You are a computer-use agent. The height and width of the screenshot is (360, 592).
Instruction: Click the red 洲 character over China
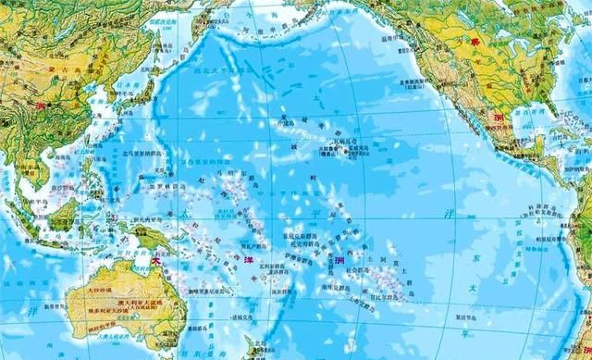(39, 106)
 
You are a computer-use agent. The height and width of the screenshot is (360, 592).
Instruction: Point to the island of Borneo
(65, 212)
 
